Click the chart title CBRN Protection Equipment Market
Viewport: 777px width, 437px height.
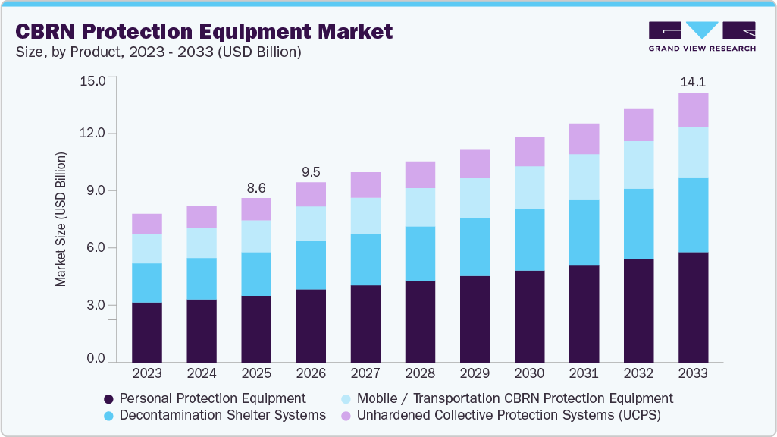[x=204, y=32]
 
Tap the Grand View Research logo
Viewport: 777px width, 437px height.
[x=702, y=36]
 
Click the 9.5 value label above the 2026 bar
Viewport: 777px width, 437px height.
[x=311, y=171]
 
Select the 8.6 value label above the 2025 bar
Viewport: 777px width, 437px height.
[x=256, y=187]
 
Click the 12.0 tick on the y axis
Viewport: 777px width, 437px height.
[x=96, y=134]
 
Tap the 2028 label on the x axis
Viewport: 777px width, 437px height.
[x=420, y=373]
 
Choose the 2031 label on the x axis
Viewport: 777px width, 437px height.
[x=584, y=373]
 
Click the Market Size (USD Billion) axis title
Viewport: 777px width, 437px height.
[x=61, y=219]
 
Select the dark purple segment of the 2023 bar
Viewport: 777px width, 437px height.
[x=147, y=332]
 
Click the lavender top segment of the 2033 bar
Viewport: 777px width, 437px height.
[x=693, y=110]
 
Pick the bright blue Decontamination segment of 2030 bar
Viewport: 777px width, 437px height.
[x=529, y=240]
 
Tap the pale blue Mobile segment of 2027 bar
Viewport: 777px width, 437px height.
[x=365, y=216]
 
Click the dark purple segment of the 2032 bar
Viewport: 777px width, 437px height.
[x=638, y=310]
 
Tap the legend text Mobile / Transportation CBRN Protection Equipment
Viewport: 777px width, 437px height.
[x=515, y=398]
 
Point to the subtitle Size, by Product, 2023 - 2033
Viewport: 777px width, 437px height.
[x=158, y=52]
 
